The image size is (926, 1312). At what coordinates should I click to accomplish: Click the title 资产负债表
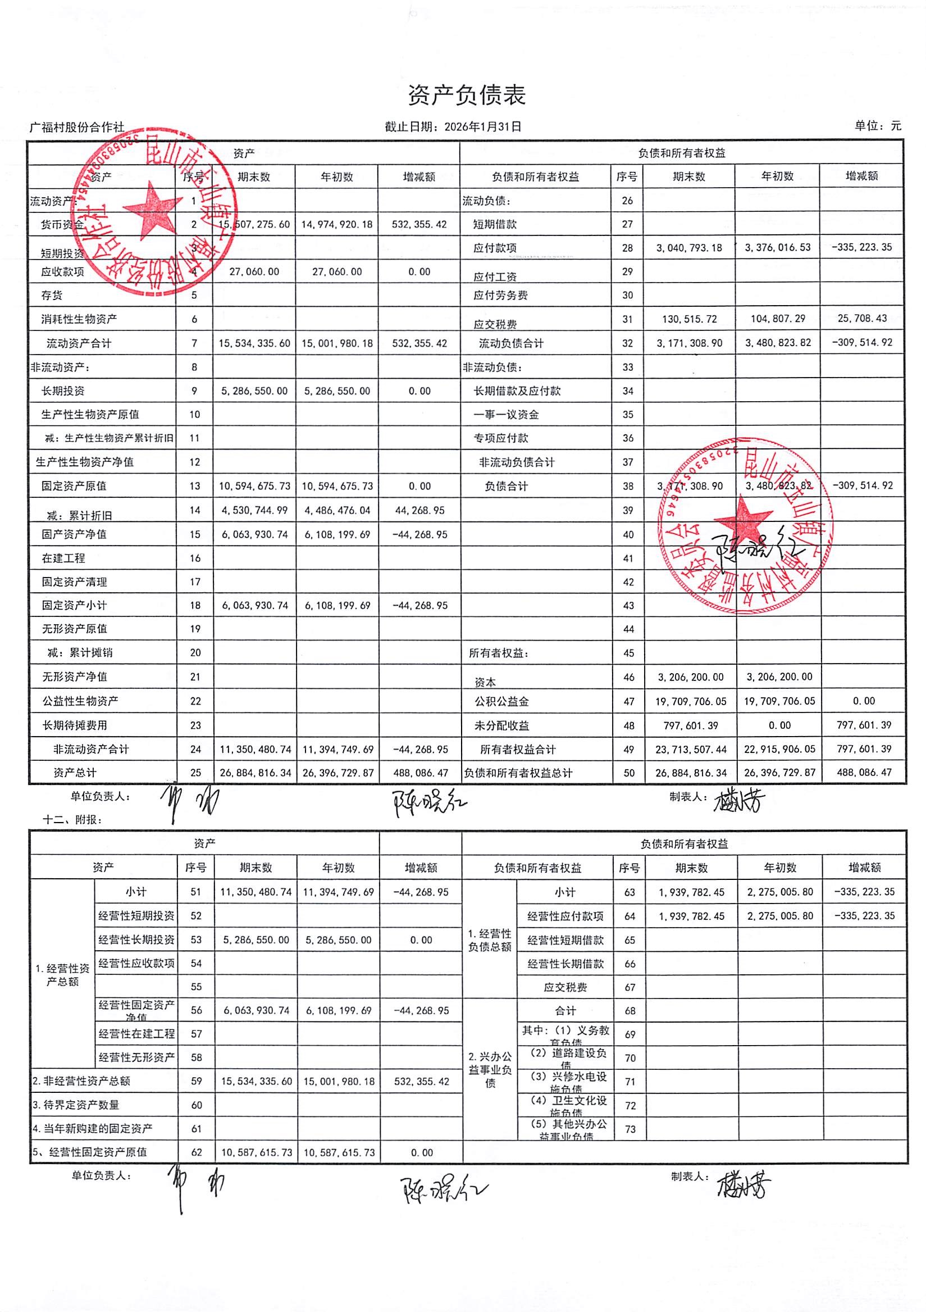(466, 96)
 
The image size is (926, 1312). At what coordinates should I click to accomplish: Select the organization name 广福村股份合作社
(76, 128)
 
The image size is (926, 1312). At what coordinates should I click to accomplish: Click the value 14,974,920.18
(336, 225)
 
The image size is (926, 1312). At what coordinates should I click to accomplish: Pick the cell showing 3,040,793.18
(689, 248)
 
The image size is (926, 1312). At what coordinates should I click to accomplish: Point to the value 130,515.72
(689, 319)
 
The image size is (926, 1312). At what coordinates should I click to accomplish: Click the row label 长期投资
(63, 391)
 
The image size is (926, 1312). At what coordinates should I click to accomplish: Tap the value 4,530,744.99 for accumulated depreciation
(254, 510)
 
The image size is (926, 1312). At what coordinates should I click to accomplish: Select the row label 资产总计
(75, 773)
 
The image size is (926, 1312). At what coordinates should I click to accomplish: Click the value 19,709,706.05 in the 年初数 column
(779, 701)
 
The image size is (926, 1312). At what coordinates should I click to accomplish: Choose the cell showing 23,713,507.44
(691, 749)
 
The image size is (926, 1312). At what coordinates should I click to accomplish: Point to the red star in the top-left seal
(151, 213)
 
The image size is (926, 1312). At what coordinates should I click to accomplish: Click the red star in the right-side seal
(742, 520)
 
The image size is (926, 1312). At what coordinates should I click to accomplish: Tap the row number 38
(628, 486)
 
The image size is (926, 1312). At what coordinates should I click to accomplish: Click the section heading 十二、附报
(72, 819)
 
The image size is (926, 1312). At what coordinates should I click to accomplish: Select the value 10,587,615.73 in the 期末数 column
(257, 1152)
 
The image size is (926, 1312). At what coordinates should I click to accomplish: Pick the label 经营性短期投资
(136, 916)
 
